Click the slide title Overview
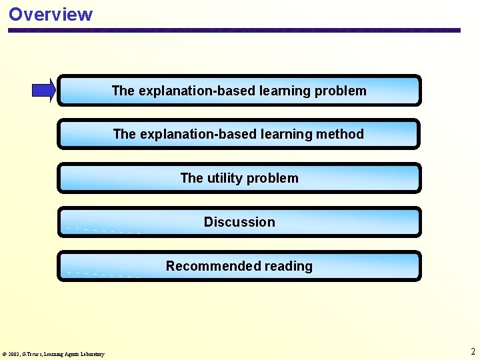click(x=51, y=14)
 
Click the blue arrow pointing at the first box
click(x=44, y=90)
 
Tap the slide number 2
click(x=473, y=351)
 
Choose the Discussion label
click(x=239, y=222)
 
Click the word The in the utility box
click(x=191, y=178)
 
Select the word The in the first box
click(x=123, y=91)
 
